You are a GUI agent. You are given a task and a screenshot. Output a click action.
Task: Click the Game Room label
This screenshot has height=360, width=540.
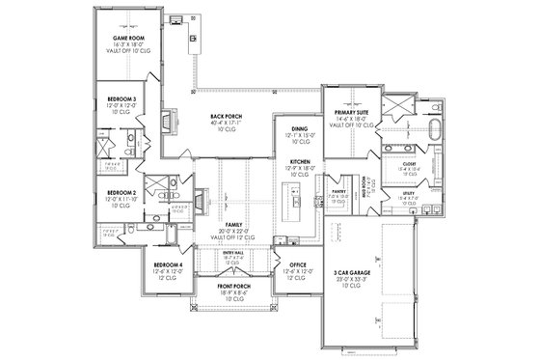coord(128,39)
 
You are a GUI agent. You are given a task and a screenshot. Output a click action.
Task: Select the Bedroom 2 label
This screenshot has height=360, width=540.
coord(121,192)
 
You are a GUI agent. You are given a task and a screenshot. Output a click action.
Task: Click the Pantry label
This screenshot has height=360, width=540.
coord(337,193)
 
